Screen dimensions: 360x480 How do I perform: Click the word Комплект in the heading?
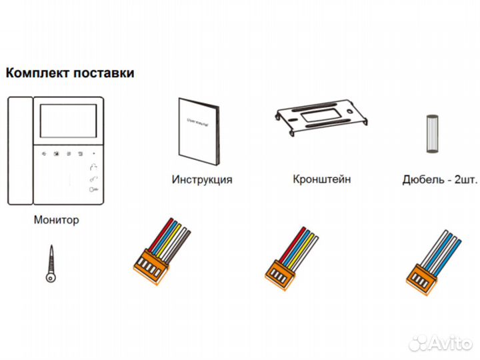(33, 73)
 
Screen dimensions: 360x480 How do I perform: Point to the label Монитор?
(56, 219)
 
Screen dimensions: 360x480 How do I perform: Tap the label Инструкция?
(201, 179)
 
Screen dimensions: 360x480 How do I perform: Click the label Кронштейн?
(321, 179)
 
